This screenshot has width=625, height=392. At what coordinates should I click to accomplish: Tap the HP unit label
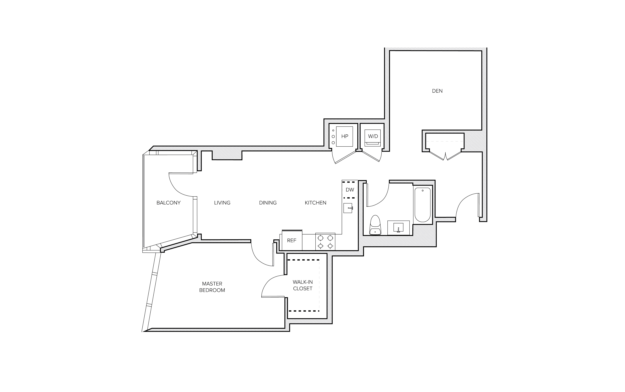[344, 136]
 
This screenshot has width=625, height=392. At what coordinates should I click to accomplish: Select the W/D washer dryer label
[373, 136]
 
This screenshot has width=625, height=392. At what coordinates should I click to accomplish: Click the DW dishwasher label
[350, 190]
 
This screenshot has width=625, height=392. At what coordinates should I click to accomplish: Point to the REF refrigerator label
[292, 241]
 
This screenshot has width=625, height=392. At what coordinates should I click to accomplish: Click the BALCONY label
[168, 203]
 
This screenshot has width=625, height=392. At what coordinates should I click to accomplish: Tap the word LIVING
[222, 203]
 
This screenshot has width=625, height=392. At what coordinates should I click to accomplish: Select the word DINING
[268, 203]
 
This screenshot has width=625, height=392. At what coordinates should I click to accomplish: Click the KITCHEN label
[315, 203]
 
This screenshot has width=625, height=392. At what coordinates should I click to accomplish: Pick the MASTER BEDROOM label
[212, 287]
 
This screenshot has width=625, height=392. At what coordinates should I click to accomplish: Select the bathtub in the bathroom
[422, 205]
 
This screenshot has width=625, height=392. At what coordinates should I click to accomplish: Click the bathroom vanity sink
[398, 228]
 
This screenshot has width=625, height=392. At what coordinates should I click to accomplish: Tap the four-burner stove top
[325, 242]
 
